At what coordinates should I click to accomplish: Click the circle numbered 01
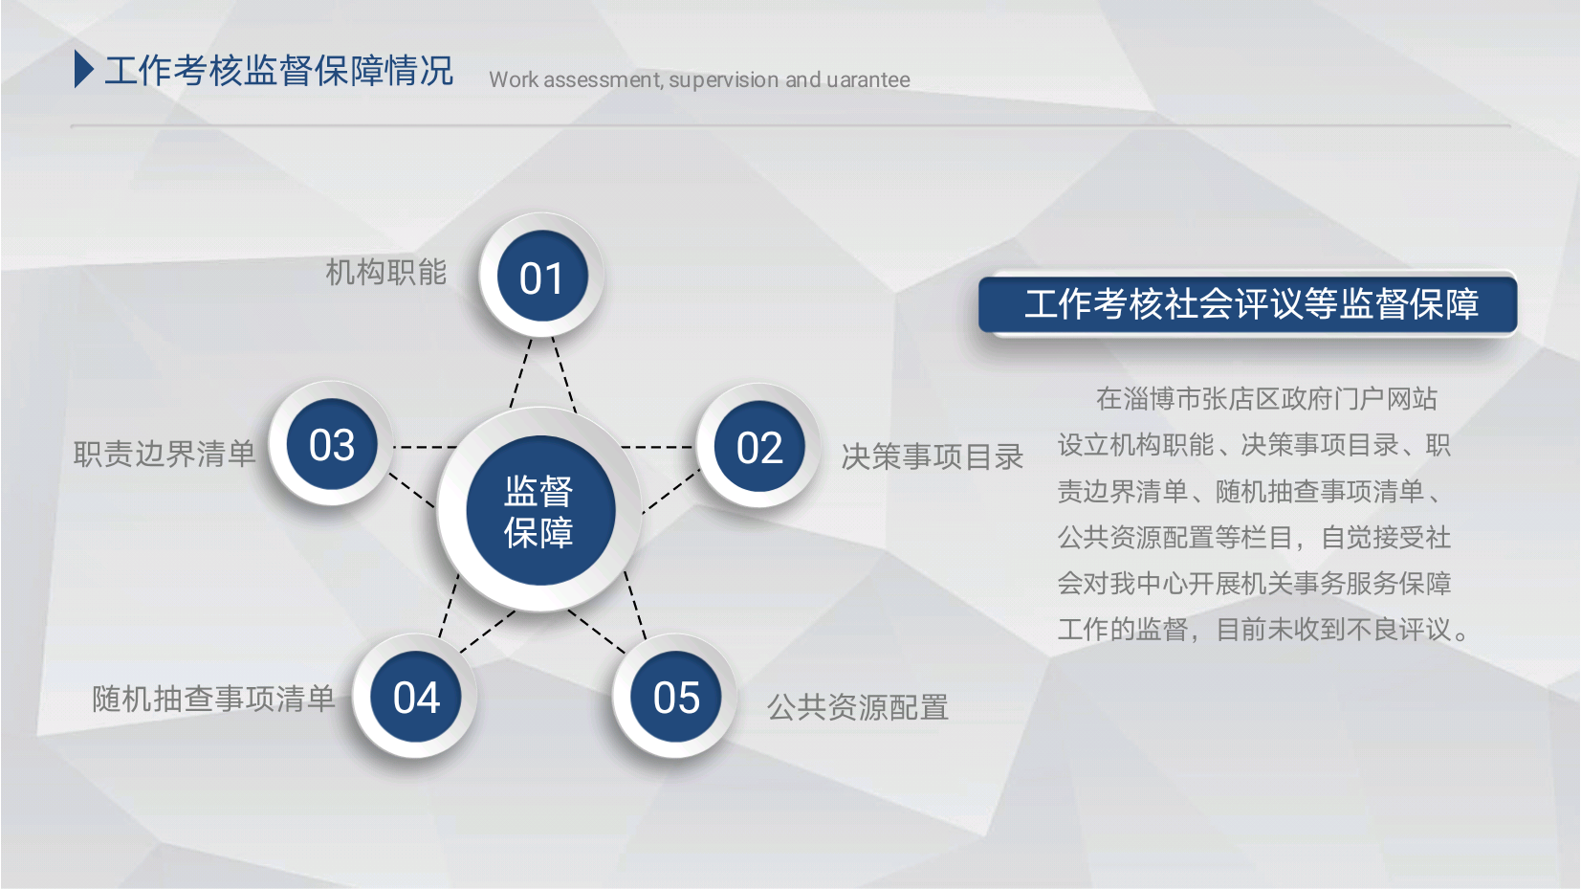coord(541,276)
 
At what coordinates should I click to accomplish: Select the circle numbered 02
coord(758,446)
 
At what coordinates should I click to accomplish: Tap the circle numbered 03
coord(331,444)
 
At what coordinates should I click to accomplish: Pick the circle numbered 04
coord(416,697)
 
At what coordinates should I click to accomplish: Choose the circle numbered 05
coord(675,697)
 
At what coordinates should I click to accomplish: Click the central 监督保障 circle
coord(540,510)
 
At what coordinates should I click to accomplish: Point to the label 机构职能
coord(386,273)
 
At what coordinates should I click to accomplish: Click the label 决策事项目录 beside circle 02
coord(933,456)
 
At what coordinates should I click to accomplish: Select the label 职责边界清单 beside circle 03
coord(165,454)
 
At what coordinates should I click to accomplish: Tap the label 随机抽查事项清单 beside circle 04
coord(214,699)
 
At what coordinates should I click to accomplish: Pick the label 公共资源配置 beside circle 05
coord(858,707)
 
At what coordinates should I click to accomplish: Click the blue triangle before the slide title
coord(84,70)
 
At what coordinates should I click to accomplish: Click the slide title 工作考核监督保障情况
coord(278,70)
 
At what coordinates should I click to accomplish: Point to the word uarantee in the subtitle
coord(868,79)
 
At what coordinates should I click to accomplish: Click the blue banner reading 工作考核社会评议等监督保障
coord(1248,304)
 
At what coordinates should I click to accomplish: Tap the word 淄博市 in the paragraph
coord(1162,399)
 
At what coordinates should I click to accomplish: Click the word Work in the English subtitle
coord(513,79)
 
